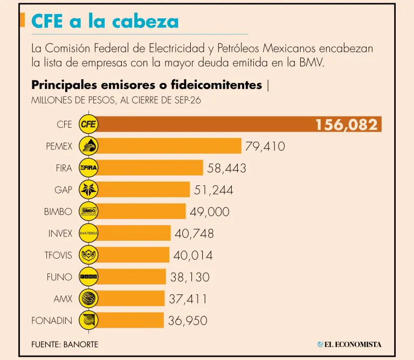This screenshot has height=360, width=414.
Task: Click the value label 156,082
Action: point(347,124)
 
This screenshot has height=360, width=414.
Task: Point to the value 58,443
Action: point(226,168)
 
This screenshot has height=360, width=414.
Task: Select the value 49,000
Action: point(209,212)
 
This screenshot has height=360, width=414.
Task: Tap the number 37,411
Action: point(188,299)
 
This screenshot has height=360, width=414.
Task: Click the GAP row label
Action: point(63,190)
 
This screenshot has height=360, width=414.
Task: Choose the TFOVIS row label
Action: point(58,255)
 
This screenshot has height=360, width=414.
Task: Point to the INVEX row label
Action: point(60,233)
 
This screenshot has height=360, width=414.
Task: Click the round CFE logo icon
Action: point(88,124)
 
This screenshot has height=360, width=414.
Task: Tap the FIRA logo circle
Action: point(88,168)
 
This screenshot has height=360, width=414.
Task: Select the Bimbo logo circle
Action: point(88,211)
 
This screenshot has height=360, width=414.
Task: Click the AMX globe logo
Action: point(88,299)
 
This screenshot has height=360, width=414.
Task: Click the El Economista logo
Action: point(349,344)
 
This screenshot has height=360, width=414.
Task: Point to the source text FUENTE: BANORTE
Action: point(65,344)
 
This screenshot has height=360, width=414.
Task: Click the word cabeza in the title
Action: point(146,21)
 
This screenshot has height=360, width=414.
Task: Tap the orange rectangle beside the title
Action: point(23,20)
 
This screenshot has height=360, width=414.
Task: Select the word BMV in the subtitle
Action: point(311,63)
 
